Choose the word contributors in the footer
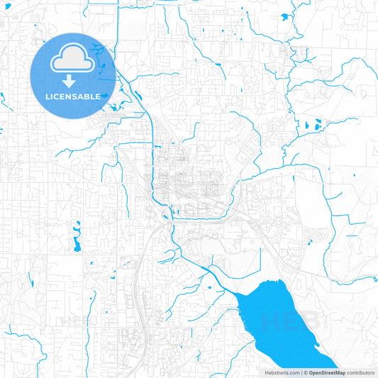tap(361, 372)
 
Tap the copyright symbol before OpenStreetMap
tap(306, 372)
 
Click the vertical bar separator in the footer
tap(301, 372)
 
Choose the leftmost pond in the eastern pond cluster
tap(308, 126)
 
